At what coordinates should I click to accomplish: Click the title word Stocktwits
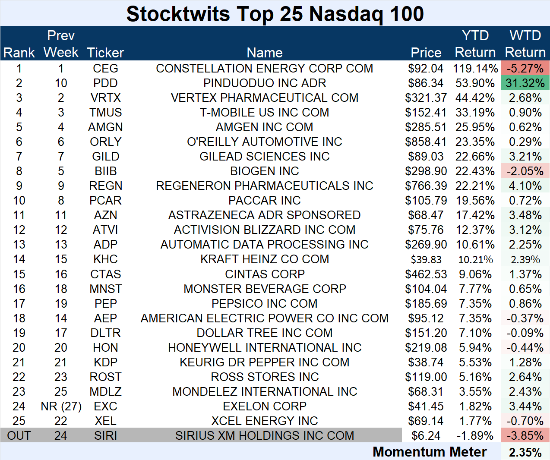click(177, 14)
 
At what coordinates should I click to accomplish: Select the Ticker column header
click(105, 53)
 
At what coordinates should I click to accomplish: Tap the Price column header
click(426, 53)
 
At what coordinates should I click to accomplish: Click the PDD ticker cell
click(105, 83)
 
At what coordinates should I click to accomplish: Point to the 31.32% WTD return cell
click(525, 83)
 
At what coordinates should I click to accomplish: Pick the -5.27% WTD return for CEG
click(525, 68)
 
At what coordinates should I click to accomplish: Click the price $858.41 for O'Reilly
click(426, 142)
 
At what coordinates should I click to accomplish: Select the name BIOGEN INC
click(264, 171)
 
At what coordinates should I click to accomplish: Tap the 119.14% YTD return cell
click(475, 68)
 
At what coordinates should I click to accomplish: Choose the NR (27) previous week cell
click(61, 406)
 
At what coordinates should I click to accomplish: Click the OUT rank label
click(19, 435)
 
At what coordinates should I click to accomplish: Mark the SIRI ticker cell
click(105, 435)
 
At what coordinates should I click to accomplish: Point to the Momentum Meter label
click(430, 452)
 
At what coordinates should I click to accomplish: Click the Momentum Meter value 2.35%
click(525, 452)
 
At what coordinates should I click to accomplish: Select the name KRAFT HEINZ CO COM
click(264, 259)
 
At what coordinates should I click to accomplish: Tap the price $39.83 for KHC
click(426, 259)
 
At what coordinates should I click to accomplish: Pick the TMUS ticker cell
click(105, 112)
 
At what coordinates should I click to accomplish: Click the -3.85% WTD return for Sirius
click(525, 435)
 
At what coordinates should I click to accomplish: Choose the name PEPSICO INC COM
click(264, 303)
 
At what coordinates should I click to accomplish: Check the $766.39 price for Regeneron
click(426, 186)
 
